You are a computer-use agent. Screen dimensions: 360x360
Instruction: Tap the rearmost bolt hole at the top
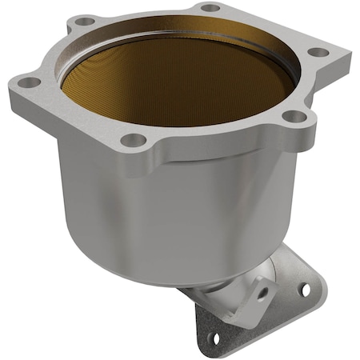[x=210, y=8]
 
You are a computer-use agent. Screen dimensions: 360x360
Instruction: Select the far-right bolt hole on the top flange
[x=318, y=52]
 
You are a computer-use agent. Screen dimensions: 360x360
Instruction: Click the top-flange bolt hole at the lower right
[x=295, y=116]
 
